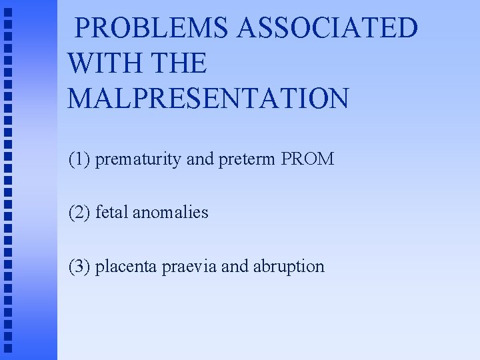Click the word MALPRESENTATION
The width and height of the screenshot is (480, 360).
(x=207, y=98)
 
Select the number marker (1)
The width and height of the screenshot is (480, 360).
(x=80, y=160)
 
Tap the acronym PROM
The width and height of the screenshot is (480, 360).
(x=307, y=160)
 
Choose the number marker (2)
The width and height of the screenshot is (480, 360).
(x=80, y=213)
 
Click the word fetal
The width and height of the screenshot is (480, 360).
(x=112, y=213)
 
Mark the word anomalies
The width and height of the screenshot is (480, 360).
(x=171, y=213)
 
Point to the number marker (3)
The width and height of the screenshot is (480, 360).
(x=80, y=267)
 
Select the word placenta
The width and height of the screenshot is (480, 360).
(x=123, y=267)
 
